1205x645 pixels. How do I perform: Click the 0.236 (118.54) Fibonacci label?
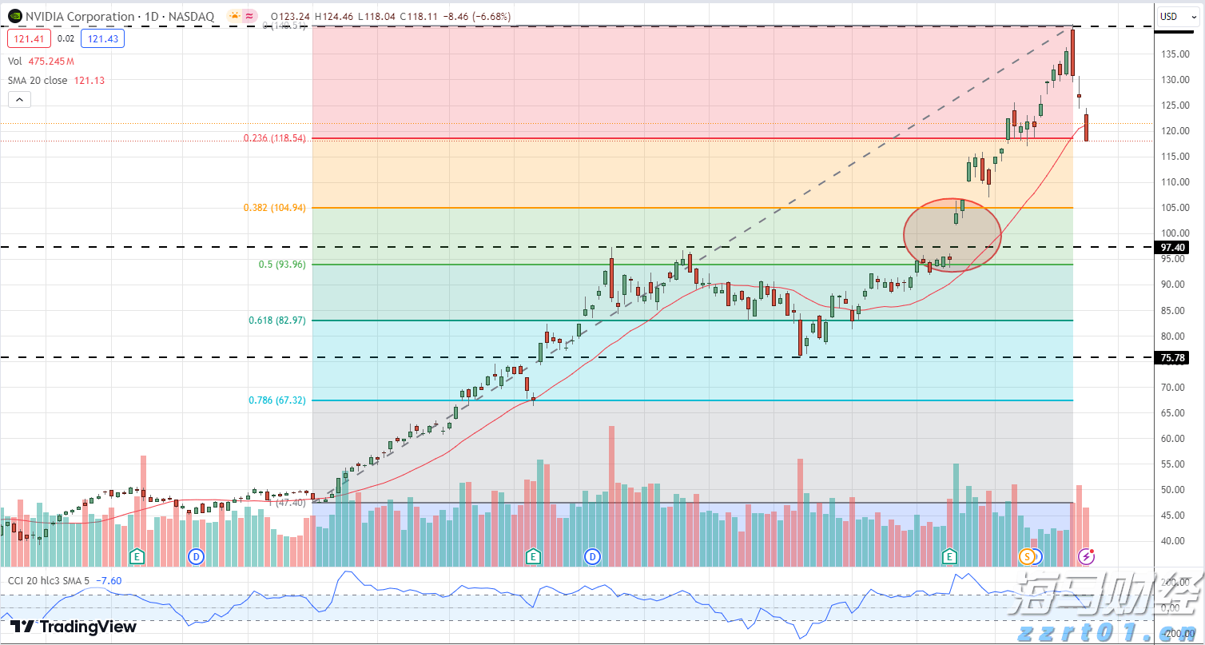[275, 138]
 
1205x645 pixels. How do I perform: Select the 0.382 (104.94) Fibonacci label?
[275, 208]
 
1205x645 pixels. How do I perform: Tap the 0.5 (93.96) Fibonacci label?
[280, 265]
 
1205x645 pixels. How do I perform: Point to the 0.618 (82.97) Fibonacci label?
[277, 321]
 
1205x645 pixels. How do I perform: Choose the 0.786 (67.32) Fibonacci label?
[277, 400]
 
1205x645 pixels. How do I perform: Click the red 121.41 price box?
[29, 38]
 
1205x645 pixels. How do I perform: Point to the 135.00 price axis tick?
[1173, 54]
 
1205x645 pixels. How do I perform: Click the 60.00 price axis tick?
[1173, 438]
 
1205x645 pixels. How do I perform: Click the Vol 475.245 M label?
[41, 62]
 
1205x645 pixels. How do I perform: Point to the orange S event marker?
[1026, 555]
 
